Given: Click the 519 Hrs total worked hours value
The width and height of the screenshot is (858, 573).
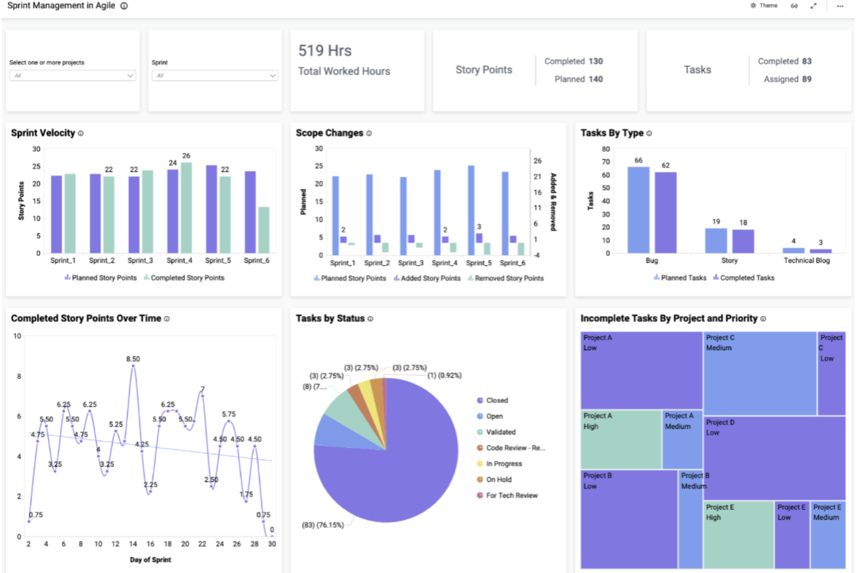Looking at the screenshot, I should coord(325,51).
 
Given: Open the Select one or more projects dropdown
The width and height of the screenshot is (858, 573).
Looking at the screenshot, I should coord(72,75).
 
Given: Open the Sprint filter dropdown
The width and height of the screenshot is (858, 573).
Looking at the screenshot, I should coord(214,75).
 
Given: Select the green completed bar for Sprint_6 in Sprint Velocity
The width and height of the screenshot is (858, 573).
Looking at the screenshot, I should coord(264,230).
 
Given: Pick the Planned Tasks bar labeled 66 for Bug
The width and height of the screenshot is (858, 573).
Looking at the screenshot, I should coord(638,210).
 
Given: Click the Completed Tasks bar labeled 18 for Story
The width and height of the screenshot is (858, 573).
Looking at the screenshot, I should coord(743,241).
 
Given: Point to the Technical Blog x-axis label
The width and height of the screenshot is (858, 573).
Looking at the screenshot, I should coord(806,261).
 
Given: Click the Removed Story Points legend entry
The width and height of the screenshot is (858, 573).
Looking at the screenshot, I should coord(509,278).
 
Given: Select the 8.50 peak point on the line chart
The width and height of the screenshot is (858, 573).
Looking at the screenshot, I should coord(133,366).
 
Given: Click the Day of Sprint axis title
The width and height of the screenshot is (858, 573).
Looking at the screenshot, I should coord(150,559).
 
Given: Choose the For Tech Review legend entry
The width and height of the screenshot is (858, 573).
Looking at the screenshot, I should coord(511,495).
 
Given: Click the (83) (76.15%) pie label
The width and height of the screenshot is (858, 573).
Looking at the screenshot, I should coord(323,525).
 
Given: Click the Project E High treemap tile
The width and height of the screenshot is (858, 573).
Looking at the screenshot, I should coord(738,535).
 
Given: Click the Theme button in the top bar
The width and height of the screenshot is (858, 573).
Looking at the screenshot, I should coord(764,5).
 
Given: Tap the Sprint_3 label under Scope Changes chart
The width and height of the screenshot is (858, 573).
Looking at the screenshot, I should coord(411,263).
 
